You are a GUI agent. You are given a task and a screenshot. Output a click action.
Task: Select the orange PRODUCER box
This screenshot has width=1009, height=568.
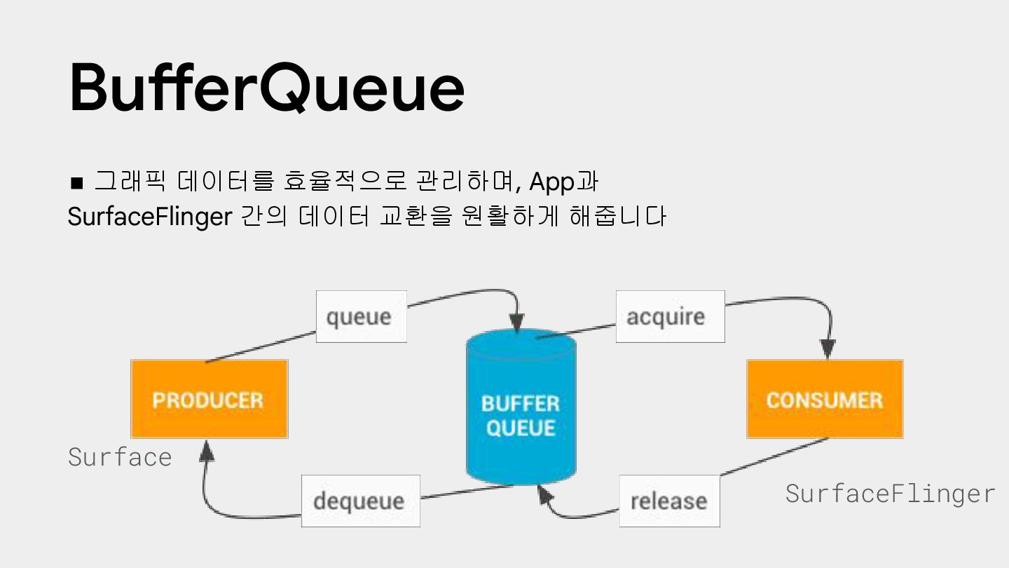209,399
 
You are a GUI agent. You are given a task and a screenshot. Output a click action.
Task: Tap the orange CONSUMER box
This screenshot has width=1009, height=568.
824,399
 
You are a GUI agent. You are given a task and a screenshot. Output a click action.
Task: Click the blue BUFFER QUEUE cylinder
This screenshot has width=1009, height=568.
521,414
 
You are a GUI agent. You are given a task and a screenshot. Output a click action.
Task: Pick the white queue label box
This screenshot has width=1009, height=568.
361,316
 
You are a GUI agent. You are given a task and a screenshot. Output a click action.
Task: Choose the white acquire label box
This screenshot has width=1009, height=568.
669,316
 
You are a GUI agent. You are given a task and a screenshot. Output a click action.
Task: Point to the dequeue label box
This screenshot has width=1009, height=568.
360,501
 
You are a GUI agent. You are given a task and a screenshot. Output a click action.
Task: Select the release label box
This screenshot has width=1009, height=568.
668,501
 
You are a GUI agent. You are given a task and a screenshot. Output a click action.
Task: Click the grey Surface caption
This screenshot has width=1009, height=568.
120,457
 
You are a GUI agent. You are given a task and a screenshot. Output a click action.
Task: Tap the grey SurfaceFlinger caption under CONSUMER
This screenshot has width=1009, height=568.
890,494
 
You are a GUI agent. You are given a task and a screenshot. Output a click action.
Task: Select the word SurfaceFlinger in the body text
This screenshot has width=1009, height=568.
149,217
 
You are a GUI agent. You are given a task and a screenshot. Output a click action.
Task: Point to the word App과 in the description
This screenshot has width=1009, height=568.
563,182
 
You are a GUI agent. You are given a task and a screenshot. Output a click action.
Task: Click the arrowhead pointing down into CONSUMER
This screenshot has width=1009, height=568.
828,349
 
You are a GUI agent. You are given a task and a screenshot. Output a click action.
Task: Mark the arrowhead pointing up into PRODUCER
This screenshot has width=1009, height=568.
206,451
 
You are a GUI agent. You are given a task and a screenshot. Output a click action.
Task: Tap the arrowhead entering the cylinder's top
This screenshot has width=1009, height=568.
517,323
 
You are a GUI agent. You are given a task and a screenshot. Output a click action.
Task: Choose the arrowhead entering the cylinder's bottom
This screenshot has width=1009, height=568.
544,494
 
